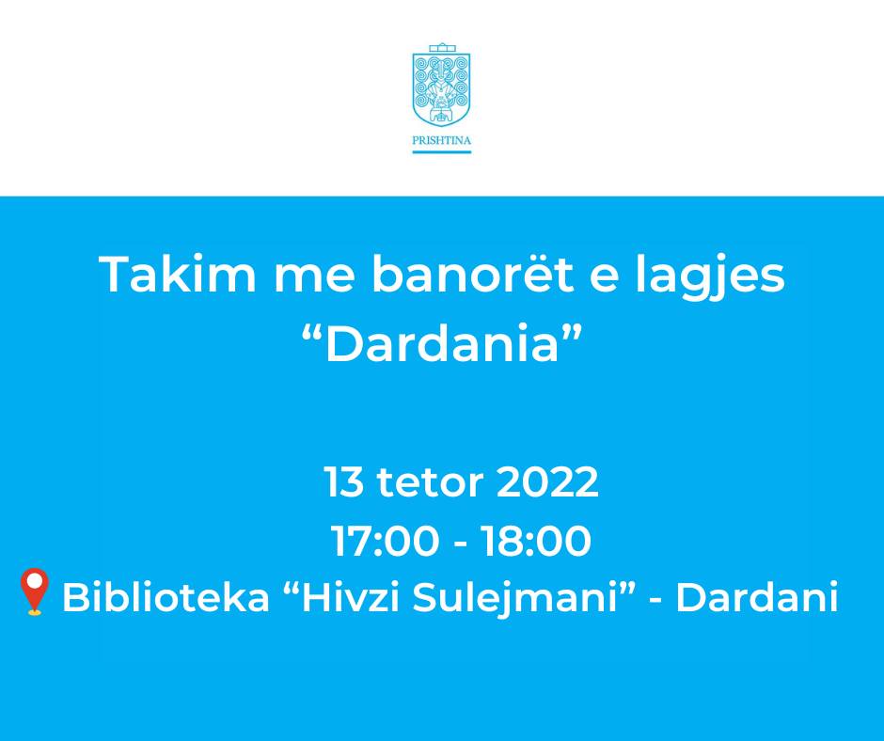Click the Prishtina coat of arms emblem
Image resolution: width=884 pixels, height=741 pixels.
coord(441,85)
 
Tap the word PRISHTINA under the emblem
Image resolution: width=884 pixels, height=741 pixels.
coord(441,141)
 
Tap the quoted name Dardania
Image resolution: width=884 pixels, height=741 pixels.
coord(441,343)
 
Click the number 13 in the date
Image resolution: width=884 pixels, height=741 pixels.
coord(344,482)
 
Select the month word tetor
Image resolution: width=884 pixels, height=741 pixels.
coord(430,483)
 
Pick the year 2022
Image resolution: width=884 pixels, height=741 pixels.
coord(547,482)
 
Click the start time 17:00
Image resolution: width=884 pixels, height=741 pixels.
coord(385,542)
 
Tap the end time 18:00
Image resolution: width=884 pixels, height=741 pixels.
coord(536,542)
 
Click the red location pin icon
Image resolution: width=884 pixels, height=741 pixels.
coord(35,591)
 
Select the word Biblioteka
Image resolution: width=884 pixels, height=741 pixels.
coord(166,597)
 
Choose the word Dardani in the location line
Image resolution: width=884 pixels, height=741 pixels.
coord(757,597)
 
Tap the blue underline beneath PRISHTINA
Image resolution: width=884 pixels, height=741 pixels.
coord(441,151)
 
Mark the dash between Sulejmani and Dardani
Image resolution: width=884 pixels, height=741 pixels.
coord(655,600)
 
